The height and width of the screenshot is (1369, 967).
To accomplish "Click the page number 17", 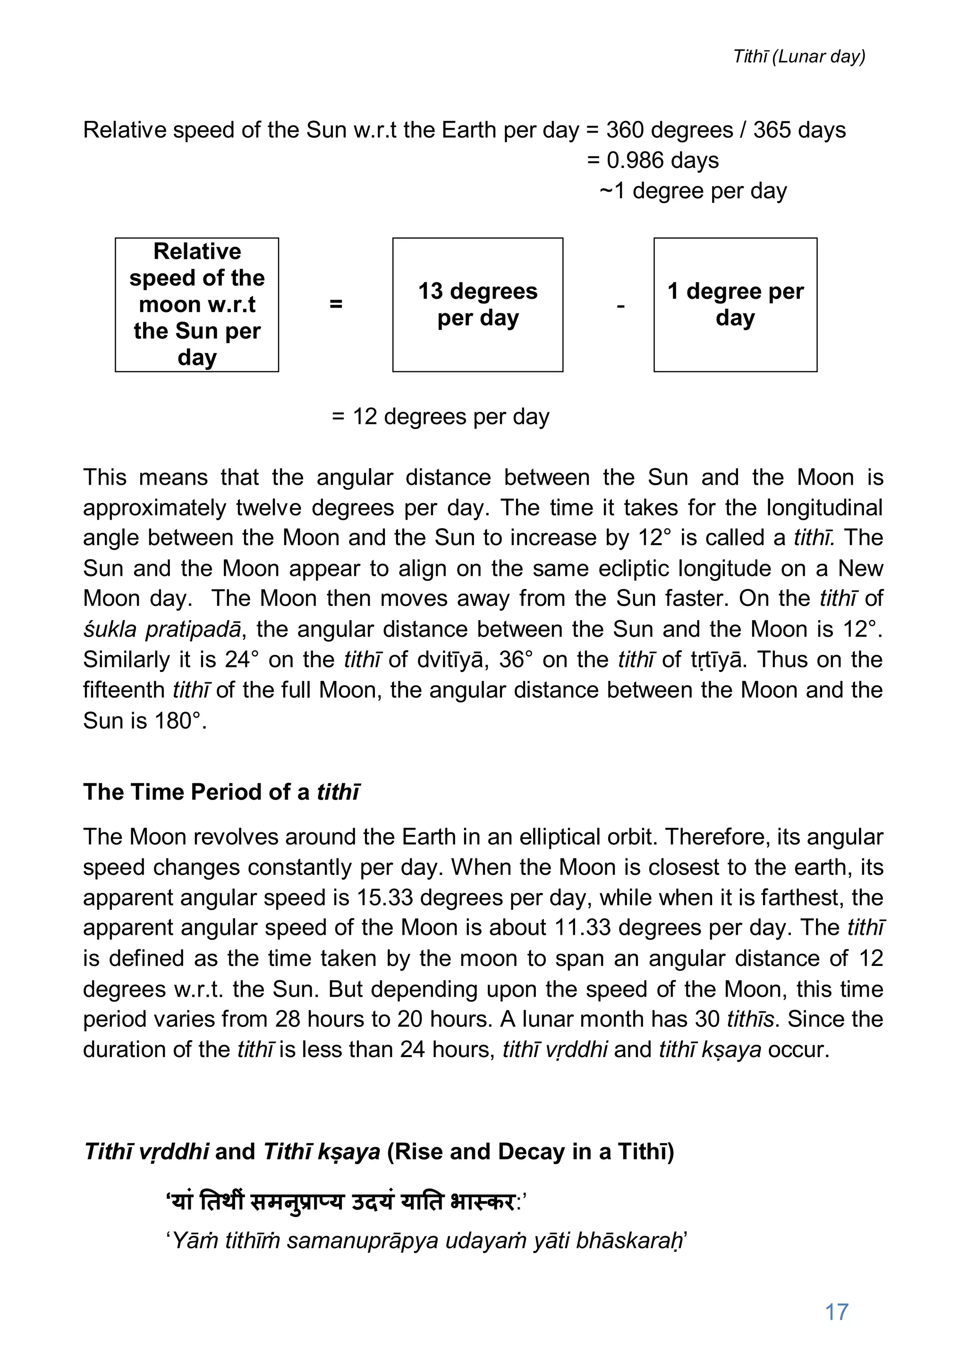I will [836, 1312].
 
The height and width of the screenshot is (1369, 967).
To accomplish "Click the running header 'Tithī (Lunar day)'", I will [799, 57].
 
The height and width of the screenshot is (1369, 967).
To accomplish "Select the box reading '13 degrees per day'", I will [477, 305].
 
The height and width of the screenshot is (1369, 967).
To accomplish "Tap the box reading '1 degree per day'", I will [735, 305].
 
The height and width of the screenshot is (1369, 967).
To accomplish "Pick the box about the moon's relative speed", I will [197, 305].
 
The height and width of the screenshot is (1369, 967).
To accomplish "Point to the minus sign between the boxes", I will [620, 306].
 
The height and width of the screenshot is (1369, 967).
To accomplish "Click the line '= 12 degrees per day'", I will [440, 417].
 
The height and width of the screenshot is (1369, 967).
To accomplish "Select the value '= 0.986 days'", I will [653, 160].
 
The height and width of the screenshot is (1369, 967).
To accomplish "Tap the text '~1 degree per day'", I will [693, 191].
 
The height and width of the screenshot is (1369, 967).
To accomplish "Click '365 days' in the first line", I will [799, 130].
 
